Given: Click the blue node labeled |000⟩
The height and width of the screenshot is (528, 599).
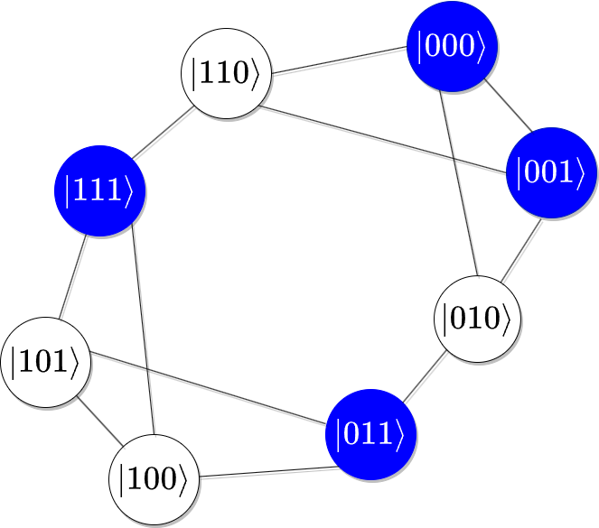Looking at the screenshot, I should [452, 46].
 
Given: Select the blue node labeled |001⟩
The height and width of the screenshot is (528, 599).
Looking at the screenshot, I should [551, 172].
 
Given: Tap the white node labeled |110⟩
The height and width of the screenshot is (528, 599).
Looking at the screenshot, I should [226, 73].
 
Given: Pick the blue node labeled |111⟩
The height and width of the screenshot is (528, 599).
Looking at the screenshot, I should [99, 190].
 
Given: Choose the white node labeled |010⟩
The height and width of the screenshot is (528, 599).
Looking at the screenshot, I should [479, 318].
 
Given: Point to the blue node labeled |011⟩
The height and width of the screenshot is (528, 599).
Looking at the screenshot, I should [370, 434].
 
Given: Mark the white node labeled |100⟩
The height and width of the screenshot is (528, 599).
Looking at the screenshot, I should [154, 479].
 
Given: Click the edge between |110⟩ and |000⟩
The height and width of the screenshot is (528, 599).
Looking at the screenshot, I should [339, 60].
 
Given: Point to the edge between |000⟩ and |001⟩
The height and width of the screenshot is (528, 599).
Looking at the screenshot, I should [506, 103].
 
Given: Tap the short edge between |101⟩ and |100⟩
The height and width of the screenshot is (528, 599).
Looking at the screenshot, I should [99, 421].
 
